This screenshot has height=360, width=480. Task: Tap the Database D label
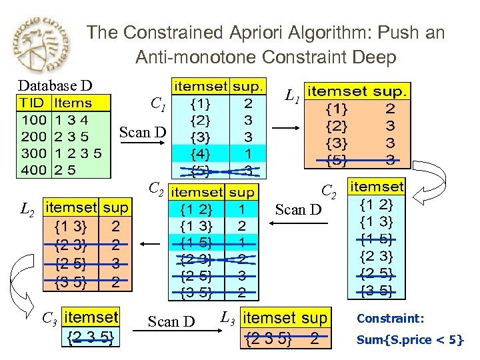[x=55, y=85]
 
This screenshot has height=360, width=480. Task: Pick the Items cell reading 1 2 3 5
[x=78, y=153]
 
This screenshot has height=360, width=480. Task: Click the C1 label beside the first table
[x=158, y=104]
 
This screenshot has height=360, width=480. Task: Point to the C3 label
[x=49, y=318]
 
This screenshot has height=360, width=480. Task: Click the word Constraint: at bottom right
[x=390, y=319]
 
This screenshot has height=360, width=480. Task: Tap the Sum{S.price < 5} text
[x=409, y=339]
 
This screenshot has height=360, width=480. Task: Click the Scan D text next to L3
[x=172, y=322]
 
